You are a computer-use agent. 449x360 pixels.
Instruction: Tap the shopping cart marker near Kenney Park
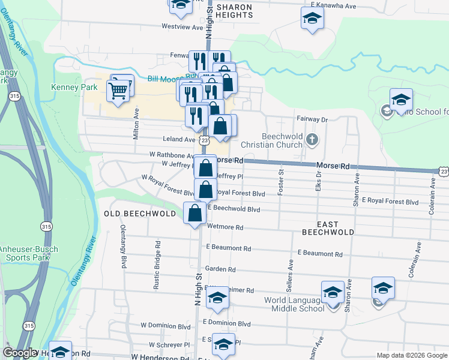(x=118, y=91)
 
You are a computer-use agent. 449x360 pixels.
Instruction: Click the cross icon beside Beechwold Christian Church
(x=311, y=140)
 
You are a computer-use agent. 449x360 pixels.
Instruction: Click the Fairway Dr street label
(x=312, y=119)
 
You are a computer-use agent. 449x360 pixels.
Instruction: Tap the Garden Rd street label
(x=220, y=269)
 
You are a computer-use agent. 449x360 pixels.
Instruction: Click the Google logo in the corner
(x=20, y=353)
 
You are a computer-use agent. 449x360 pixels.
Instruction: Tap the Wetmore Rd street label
(x=224, y=228)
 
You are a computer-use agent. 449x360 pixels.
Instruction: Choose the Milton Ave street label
(x=136, y=120)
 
